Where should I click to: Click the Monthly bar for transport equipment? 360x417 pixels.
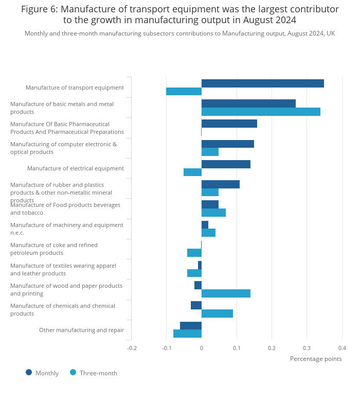click(262, 83)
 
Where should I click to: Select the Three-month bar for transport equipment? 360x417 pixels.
click(184, 92)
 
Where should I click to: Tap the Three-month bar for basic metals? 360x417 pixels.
click(261, 112)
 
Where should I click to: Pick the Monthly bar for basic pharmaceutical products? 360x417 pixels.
click(229, 124)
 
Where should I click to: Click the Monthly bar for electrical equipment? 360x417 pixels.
click(226, 164)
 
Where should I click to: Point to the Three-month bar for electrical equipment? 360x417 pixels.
click(192, 172)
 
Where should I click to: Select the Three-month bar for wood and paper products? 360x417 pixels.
click(226, 293)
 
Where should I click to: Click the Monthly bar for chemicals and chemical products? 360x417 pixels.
click(196, 305)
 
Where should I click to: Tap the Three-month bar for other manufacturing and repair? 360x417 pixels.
click(187, 334)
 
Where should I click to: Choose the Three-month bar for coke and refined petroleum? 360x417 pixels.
click(194, 253)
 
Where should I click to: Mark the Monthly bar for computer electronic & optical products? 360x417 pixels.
click(227, 144)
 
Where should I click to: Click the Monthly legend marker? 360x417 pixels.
click(29, 372)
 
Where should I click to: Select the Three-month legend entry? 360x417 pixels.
click(98, 373)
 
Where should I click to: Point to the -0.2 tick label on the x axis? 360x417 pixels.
click(132, 348)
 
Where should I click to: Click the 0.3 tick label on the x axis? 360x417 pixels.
click(307, 348)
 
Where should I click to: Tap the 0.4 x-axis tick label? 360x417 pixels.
click(342, 348)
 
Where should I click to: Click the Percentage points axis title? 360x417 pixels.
click(315, 359)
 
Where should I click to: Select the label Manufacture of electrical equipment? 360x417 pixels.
click(75, 168)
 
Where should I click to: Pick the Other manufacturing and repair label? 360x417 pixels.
click(81, 330)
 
